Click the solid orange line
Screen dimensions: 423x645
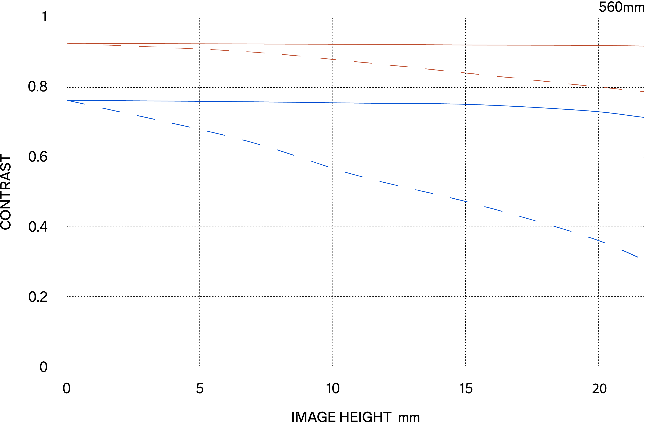tap(325, 44)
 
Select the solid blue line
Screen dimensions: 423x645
tap(325, 103)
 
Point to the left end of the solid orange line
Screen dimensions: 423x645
tap(67, 43)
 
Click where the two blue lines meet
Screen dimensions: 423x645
tap(67, 100)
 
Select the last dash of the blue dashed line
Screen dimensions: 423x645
tap(630, 253)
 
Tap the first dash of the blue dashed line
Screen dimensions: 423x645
tap(76, 102)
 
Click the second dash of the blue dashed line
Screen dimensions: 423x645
tap(111, 110)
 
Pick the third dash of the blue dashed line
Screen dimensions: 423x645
tap(146, 117)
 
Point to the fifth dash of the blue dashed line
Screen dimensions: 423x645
tap(216, 133)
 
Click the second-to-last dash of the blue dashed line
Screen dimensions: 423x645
tap(596, 240)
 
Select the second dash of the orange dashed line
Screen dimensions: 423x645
tap(112, 45)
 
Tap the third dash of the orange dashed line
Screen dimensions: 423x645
tap(148, 47)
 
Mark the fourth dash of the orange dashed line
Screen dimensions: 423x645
tap(184, 48)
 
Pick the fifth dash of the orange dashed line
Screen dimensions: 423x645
tap(220, 50)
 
